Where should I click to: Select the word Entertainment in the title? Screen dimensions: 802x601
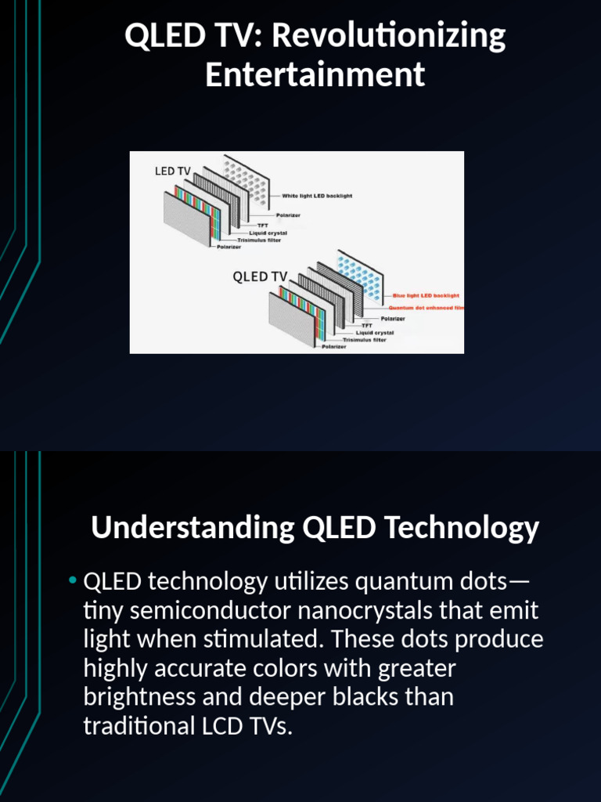click(315, 75)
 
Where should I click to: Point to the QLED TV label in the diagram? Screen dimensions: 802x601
click(261, 276)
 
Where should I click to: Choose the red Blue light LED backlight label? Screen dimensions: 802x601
click(426, 295)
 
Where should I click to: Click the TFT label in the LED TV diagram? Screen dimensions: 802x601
click(263, 226)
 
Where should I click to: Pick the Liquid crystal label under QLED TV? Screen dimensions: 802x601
click(375, 332)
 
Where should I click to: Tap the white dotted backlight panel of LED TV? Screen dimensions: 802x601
click(248, 181)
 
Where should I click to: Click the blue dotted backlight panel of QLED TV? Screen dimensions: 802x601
click(360, 278)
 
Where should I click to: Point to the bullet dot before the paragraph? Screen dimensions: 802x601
click(72, 581)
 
